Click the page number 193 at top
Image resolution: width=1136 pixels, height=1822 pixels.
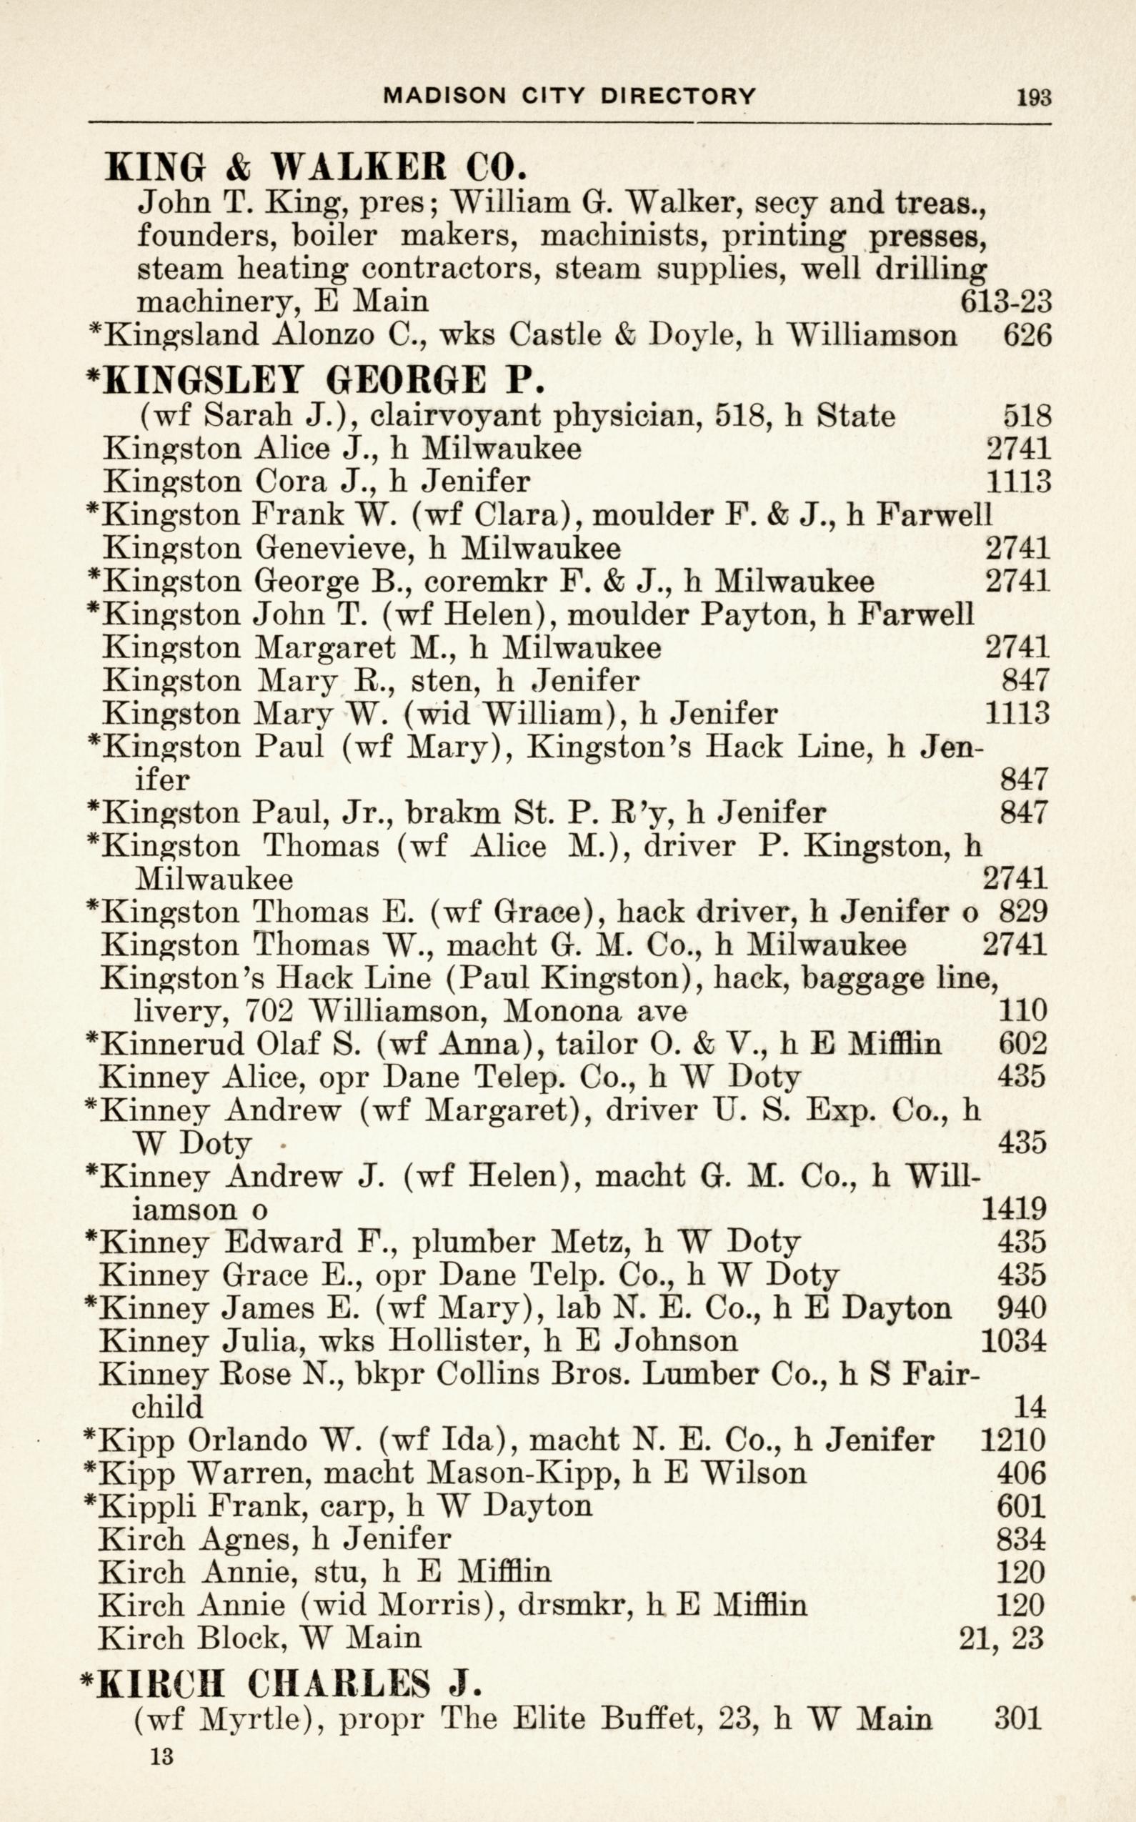(1034, 97)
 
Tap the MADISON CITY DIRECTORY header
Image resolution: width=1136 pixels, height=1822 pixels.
(569, 96)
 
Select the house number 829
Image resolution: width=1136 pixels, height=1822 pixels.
(1022, 912)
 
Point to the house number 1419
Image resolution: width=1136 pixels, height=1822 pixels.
(1014, 1209)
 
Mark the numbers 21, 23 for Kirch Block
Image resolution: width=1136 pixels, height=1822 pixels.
(1002, 1638)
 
